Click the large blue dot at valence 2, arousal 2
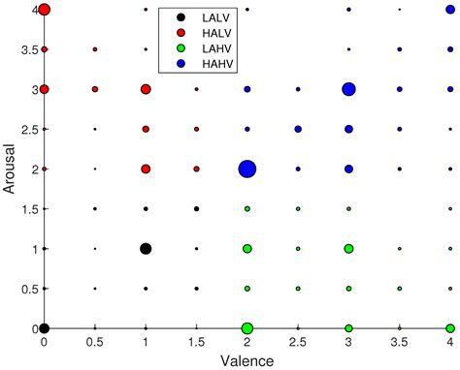[x=247, y=169]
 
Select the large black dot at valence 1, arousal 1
[x=146, y=249]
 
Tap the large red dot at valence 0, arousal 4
[x=44, y=10]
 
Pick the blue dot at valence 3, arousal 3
[x=348, y=89]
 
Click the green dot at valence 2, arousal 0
[x=247, y=328]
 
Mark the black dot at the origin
[x=44, y=328]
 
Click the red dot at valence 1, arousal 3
[x=146, y=89]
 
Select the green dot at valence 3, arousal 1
[x=348, y=249]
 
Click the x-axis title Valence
[x=247, y=359]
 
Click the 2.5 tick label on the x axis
[x=298, y=342]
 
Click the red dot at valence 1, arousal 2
[x=146, y=169]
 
